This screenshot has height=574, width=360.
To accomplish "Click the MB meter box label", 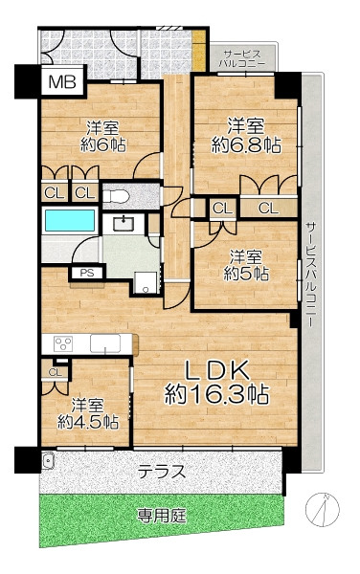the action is tap(62, 82).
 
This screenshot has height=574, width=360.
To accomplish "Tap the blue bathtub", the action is tap(70, 220).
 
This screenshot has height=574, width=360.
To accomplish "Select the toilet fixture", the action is tap(115, 196).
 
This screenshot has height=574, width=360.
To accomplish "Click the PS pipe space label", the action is tap(87, 273).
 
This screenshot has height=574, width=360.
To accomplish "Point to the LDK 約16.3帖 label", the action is tap(216, 383).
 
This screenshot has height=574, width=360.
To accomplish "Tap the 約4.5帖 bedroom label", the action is tap(88, 413).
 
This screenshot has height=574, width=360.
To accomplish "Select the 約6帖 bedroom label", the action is tap(102, 137).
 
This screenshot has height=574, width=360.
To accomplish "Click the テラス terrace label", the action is tap(162, 472).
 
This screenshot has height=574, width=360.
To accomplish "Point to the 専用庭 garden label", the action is tap(162, 517).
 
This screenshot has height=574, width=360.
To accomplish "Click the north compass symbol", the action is tap(323, 509).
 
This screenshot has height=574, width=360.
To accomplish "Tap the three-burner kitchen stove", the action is tap(63, 344).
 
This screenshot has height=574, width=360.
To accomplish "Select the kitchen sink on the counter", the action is tap(105, 343).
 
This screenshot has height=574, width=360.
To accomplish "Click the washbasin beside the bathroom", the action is tap(124, 223).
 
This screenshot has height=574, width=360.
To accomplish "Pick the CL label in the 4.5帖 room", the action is tap(56, 373).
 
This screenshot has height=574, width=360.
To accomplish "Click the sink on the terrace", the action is tap(48, 460).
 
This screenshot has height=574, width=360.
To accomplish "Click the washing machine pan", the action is tap(146, 282).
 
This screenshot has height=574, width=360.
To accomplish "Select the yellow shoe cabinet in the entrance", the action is tap(199, 51).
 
